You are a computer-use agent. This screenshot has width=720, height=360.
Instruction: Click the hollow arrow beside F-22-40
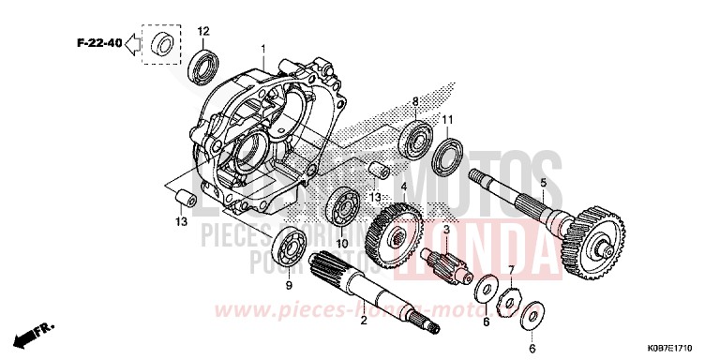[x=132, y=42]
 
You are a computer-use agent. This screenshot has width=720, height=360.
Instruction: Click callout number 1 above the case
[x=263, y=48]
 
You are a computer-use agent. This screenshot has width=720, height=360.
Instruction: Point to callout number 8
[x=414, y=101]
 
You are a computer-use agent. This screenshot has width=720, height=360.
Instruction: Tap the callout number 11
[x=449, y=120]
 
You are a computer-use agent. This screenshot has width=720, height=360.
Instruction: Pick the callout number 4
[x=404, y=187]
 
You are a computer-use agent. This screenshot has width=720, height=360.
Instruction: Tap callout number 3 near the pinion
[x=447, y=230]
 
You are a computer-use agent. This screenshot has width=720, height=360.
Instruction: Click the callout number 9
[x=289, y=285]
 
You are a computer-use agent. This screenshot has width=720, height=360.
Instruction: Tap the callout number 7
[x=511, y=270]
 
